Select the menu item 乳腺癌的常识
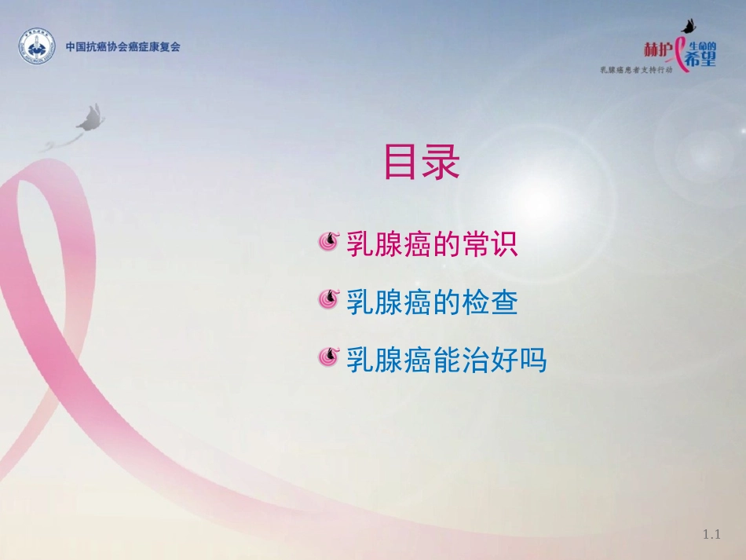(432, 244)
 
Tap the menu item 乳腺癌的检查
(432, 302)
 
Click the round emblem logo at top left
(38, 48)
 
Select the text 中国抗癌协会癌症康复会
(123, 47)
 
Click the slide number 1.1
(711, 535)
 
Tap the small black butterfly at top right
(690, 26)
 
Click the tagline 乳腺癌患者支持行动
(647, 71)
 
